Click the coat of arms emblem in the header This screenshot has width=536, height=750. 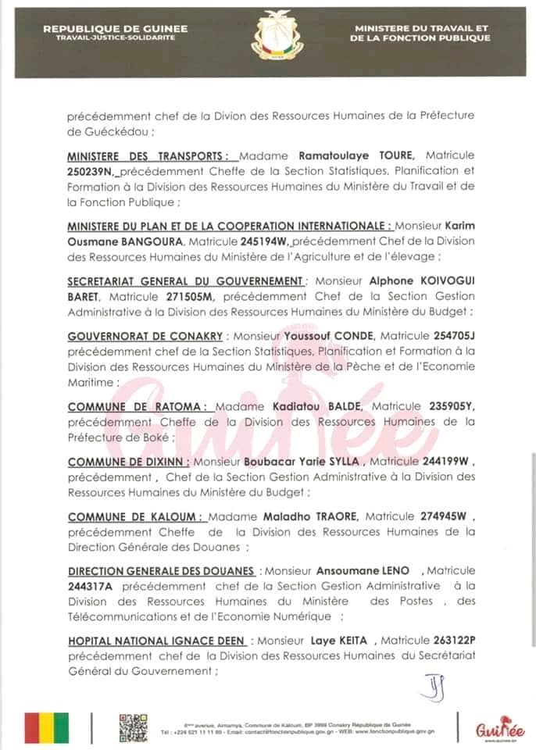268,36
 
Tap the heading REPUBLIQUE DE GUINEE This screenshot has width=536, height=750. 115,29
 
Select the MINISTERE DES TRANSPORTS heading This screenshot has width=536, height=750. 138,155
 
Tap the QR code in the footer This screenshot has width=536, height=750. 131,728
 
